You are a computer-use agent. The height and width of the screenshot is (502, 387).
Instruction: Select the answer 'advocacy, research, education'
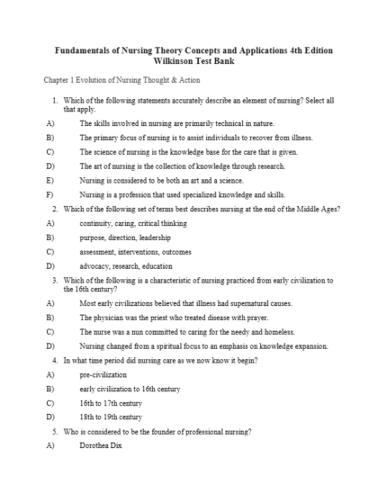pyautogui.click(x=126, y=266)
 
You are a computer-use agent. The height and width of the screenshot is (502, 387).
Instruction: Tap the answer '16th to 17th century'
pyautogui.click(x=110, y=403)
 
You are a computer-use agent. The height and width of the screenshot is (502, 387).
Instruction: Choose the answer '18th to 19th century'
pyautogui.click(x=110, y=417)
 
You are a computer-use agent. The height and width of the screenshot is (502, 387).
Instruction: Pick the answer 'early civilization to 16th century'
pyautogui.click(x=130, y=388)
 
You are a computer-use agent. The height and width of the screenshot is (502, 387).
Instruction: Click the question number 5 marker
pyautogui.click(x=57, y=432)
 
